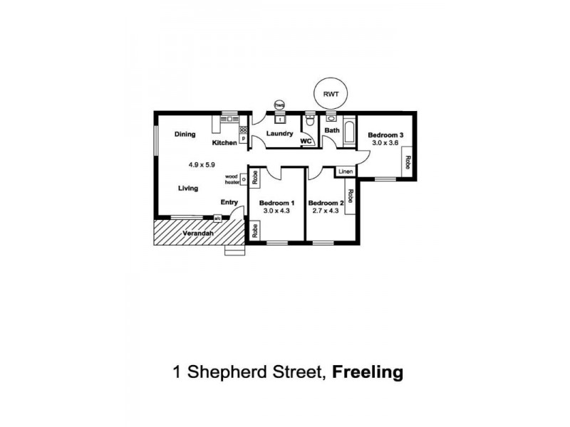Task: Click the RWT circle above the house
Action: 331,93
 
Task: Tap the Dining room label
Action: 185,134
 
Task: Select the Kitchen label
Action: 224,143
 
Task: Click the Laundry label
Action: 280,133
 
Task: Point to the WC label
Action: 306,141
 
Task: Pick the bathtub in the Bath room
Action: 348,133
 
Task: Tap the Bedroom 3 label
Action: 385,135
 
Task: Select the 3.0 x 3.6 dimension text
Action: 385,142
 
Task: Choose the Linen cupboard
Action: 345,172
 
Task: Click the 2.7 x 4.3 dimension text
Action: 326,211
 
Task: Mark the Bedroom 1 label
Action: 276,202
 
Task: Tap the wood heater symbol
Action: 243,179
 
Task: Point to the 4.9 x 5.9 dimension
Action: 202,164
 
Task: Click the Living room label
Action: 188,188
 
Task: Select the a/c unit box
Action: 217,218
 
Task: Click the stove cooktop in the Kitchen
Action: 243,130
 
